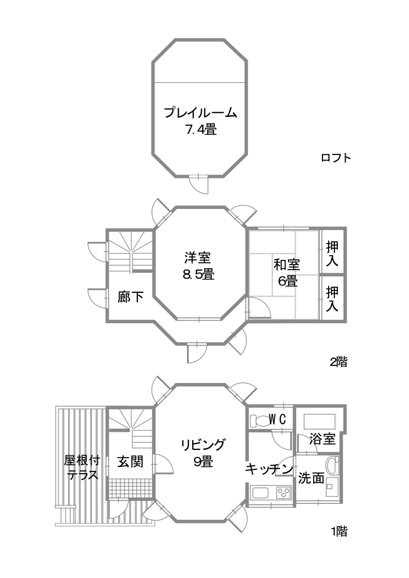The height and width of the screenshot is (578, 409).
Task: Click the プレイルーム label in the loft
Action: tap(200, 112)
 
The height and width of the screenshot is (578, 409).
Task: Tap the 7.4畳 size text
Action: tap(200, 130)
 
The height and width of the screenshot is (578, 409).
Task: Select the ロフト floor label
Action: tap(336, 158)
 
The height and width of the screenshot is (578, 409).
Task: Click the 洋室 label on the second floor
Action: tap(198, 257)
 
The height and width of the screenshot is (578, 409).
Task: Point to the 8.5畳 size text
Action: tap(198, 274)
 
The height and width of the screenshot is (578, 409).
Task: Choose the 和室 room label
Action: tap(287, 265)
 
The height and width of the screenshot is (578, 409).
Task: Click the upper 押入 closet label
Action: tap(332, 254)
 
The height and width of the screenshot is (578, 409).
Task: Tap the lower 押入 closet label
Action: tap(332, 299)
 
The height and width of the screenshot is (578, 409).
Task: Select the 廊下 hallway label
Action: tap(130, 297)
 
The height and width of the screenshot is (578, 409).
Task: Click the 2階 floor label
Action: tap(338, 362)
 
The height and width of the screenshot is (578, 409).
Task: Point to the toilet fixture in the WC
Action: tap(259, 420)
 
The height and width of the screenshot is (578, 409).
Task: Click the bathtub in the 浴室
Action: tap(319, 422)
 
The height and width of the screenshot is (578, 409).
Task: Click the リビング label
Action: tap(203, 445)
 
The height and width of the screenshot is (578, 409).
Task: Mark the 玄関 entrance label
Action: tap(130, 462)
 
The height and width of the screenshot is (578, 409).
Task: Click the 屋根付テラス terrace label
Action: tap(82, 467)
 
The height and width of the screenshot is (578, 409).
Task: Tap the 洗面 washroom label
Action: tap(311, 478)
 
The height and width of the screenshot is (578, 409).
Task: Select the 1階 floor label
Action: tap(339, 532)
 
